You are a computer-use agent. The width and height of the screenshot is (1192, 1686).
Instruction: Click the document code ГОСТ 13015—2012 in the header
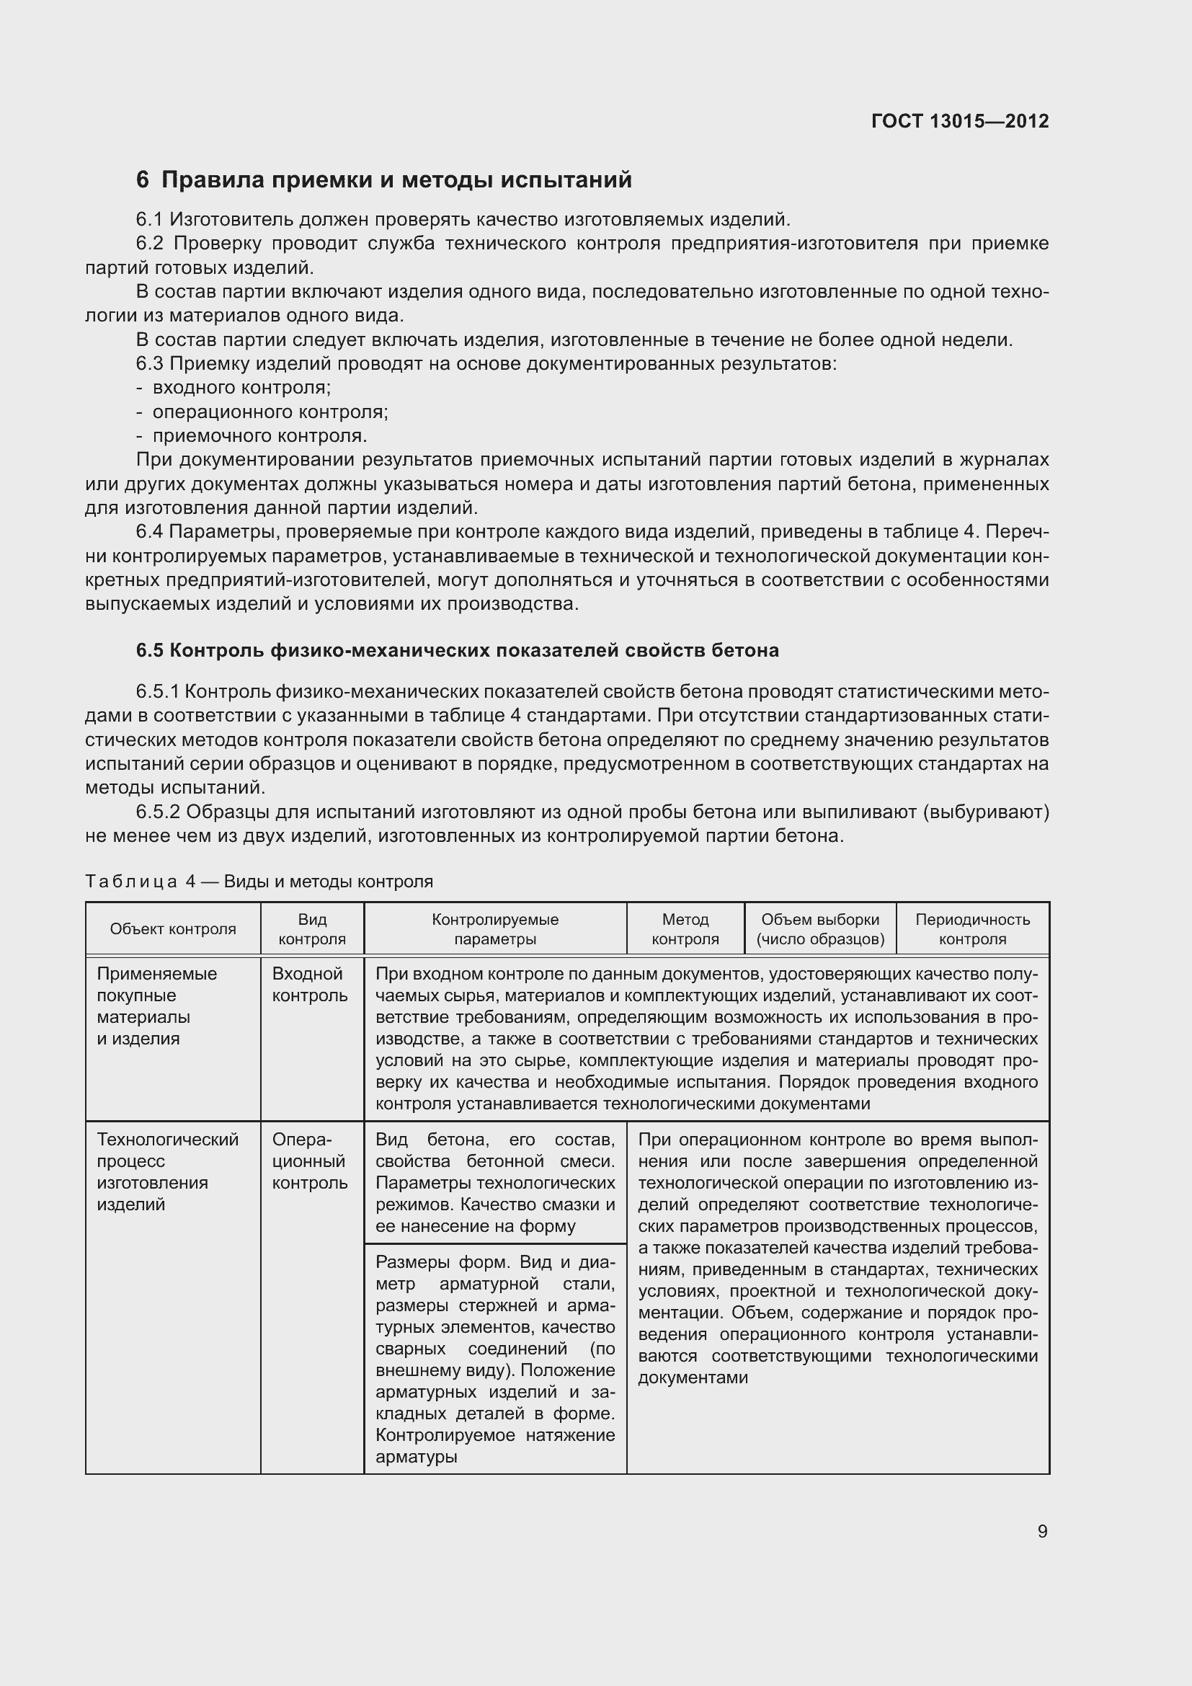(x=959, y=121)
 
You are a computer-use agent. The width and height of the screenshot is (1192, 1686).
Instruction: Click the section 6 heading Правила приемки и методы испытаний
(x=384, y=180)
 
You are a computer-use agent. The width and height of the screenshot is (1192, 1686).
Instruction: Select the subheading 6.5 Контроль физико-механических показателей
(x=458, y=651)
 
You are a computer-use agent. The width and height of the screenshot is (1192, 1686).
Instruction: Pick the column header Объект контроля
(x=172, y=929)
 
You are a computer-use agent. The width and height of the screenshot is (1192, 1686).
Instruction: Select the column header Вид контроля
(x=312, y=929)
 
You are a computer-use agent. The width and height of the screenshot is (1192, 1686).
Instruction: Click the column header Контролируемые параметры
(x=494, y=929)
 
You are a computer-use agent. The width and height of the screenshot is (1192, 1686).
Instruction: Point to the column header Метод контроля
(x=685, y=929)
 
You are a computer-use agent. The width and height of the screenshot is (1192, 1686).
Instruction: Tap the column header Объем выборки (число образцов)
(x=820, y=929)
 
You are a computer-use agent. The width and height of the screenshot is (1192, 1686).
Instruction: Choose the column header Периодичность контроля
(x=971, y=929)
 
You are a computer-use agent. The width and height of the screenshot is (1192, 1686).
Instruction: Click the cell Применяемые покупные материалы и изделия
(x=157, y=1006)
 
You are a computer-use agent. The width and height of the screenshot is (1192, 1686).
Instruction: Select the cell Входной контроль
(x=309, y=985)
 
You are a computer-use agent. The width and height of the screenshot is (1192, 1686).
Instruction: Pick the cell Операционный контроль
(x=309, y=1161)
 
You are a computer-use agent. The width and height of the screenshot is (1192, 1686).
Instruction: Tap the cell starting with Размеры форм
(x=494, y=1359)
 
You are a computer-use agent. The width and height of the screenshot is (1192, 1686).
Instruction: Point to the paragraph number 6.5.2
(x=158, y=812)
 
